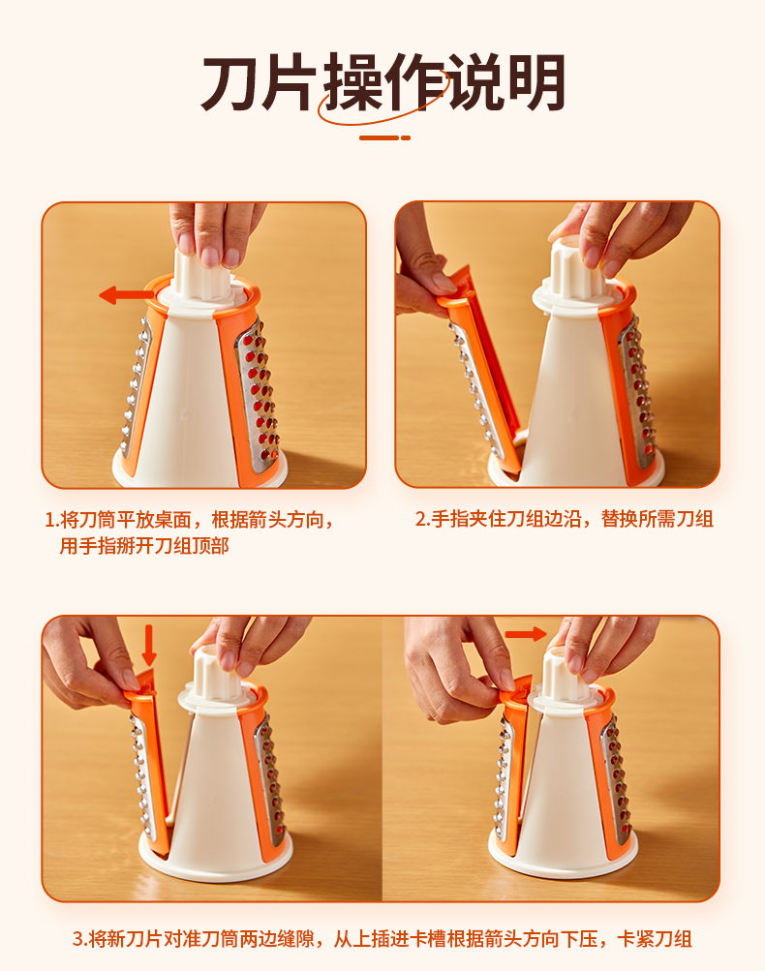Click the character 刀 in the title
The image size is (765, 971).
click(x=229, y=83)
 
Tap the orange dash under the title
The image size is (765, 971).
click(x=384, y=137)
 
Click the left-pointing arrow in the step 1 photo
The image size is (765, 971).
click(x=128, y=294)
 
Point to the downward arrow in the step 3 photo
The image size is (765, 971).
click(x=149, y=645)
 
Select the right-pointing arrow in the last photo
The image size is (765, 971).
click(x=526, y=633)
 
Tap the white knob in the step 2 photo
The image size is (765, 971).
click(x=575, y=267)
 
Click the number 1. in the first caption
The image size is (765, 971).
click(x=52, y=520)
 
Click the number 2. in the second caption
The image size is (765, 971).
click(x=423, y=519)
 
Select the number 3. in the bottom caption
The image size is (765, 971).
click(x=80, y=939)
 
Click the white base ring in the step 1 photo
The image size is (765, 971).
click(x=199, y=471)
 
